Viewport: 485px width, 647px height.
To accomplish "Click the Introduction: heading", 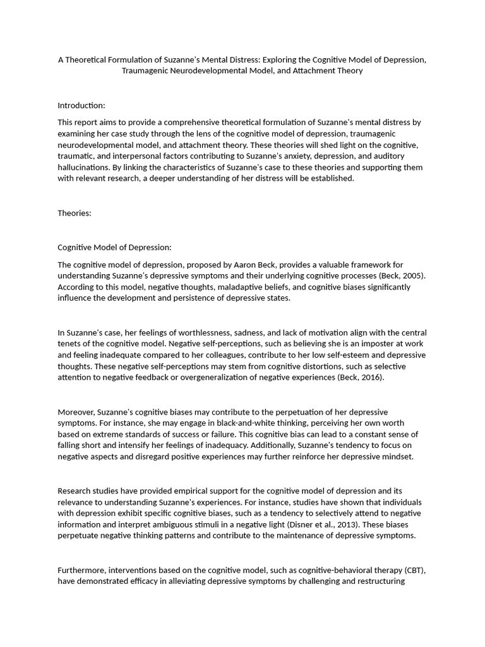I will point(81,106).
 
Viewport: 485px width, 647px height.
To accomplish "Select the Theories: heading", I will point(75,213).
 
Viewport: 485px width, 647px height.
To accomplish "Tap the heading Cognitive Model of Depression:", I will point(114,247).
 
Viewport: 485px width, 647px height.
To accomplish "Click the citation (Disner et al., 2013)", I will point(309,524).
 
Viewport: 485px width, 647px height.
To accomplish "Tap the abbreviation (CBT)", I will point(412,570).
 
